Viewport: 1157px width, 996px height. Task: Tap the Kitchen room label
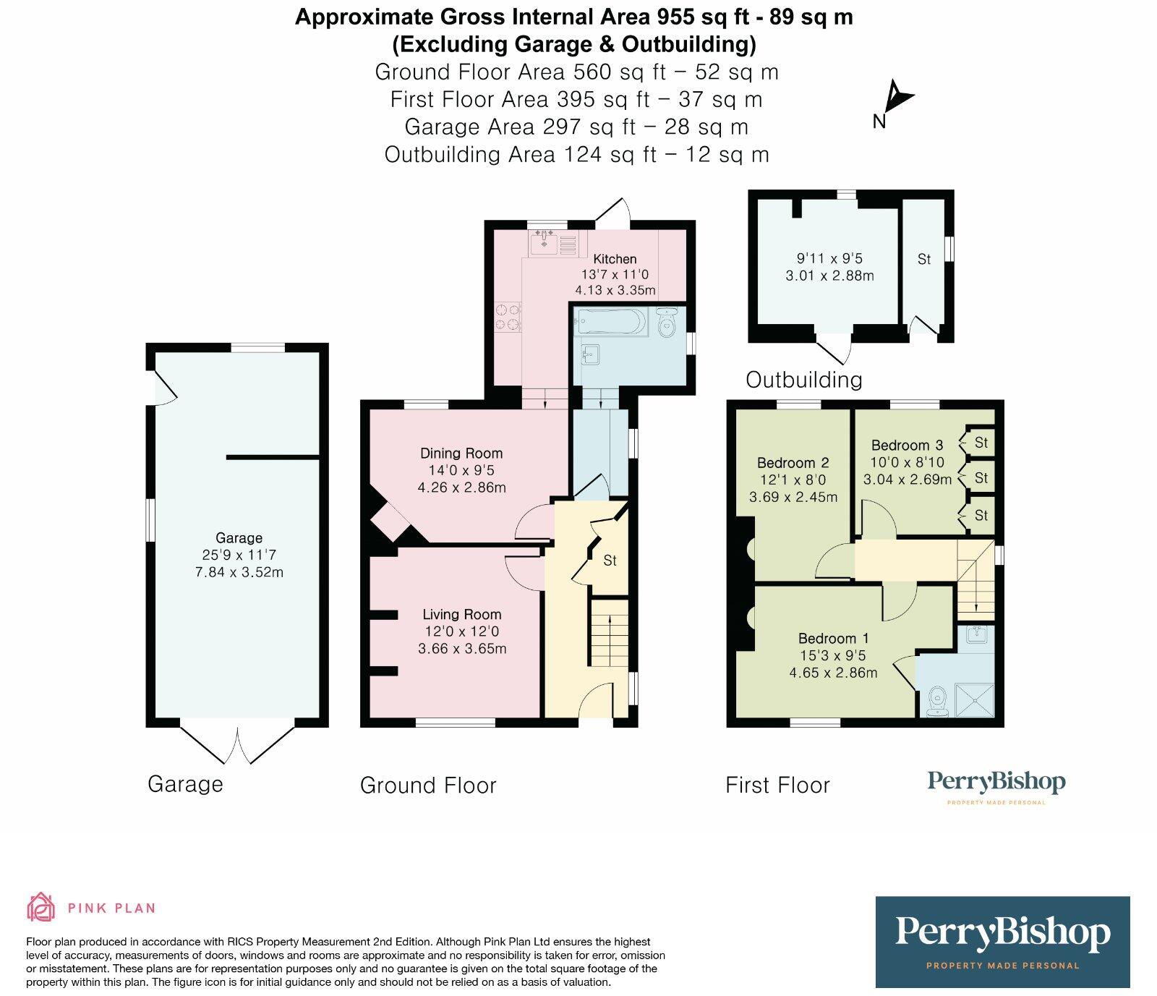pos(615,259)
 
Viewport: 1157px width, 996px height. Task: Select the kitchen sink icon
pos(542,245)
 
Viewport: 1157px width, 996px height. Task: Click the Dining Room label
pos(461,454)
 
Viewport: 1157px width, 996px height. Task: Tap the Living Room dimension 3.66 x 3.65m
pos(462,649)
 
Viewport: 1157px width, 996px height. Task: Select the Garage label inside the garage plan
pos(239,538)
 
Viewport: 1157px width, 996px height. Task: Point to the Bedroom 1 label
pos(833,639)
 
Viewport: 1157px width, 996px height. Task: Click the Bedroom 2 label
pos(793,463)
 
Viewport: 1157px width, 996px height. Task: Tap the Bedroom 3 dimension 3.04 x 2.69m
pos(907,480)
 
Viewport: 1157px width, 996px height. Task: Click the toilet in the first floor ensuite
pos(936,701)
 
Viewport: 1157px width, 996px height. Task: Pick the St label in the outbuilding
pos(923,259)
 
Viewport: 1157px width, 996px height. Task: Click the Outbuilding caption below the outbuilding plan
pos(803,380)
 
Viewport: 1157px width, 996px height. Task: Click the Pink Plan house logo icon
pos(40,907)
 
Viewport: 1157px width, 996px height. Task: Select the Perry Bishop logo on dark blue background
pos(1002,942)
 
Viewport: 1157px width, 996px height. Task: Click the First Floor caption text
pos(777,786)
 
